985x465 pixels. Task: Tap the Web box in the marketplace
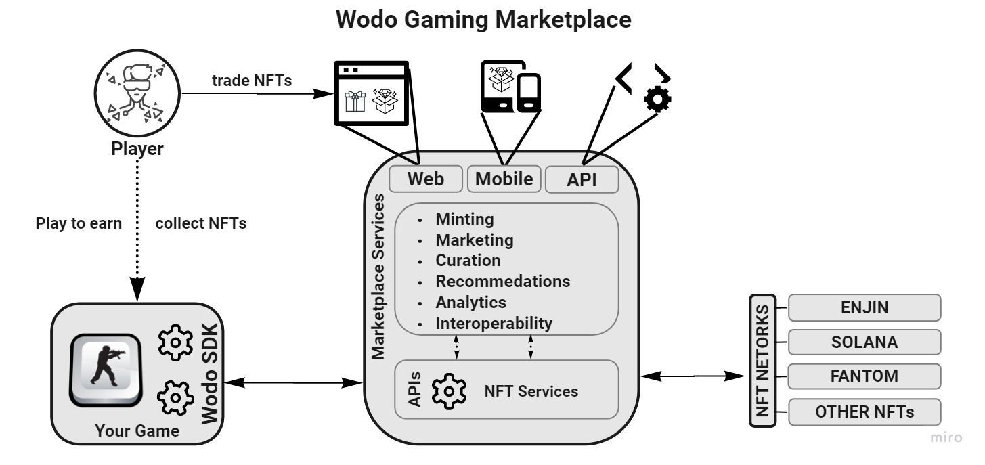coord(426,179)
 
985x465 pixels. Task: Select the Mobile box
coord(504,179)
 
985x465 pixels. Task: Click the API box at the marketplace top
coord(582,180)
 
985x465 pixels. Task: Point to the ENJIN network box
coord(864,307)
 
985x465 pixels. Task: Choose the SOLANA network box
coord(864,342)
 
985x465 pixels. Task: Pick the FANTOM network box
coord(864,376)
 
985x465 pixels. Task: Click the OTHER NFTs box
coord(864,412)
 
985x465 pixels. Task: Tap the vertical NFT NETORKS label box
coord(762,360)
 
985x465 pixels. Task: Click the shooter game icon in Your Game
coord(106,370)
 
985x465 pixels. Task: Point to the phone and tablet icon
coord(511,86)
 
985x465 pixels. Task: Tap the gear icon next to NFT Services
coord(449,391)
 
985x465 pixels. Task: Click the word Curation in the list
coord(468,261)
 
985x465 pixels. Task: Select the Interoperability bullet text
coord(494,323)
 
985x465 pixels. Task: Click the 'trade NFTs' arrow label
coord(252,81)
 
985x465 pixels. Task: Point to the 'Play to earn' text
coord(79,223)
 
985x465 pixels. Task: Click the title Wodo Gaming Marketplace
coord(483,20)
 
